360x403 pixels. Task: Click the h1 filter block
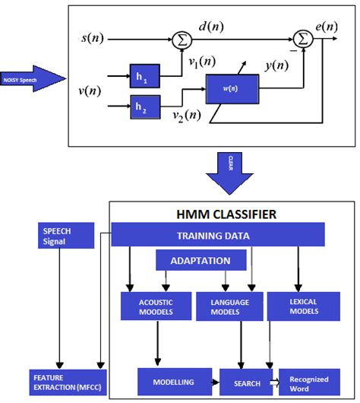pos(144,76)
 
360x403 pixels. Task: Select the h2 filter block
pos(144,107)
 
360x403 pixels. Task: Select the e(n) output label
pos(327,27)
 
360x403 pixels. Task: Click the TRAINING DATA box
pos(217,234)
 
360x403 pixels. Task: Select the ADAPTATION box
pos(201,260)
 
